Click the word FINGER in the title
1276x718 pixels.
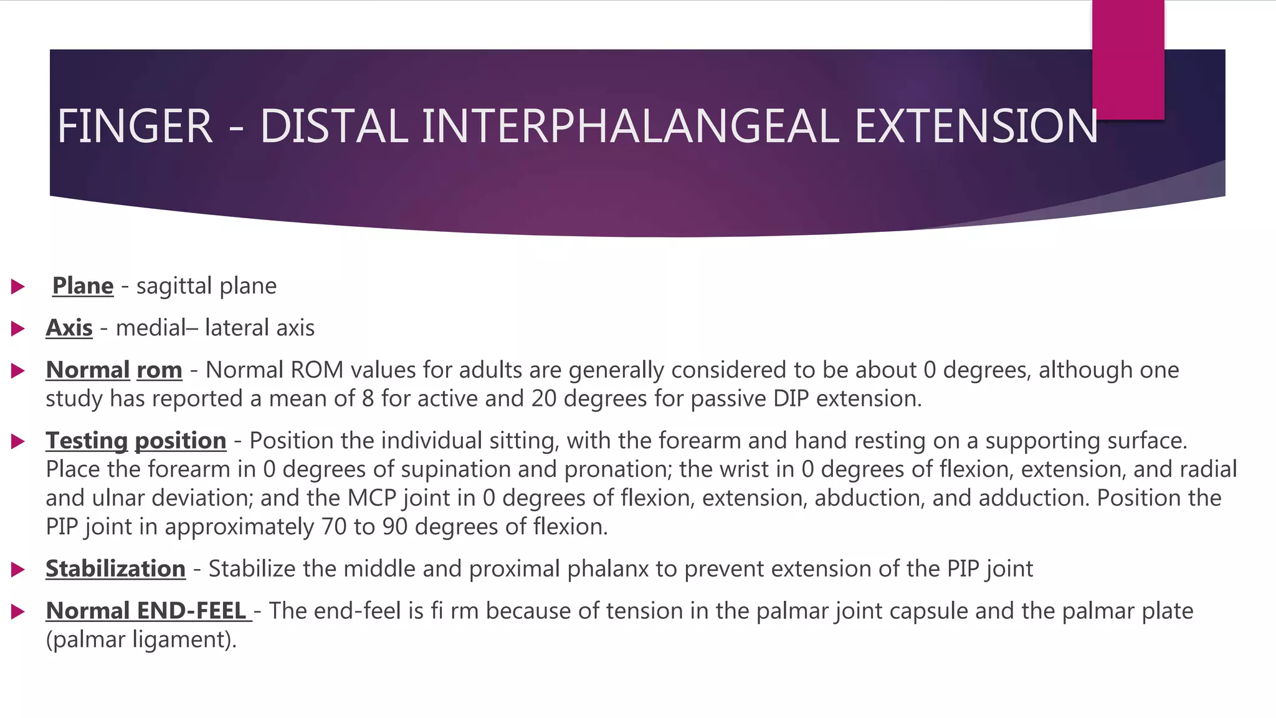point(135,127)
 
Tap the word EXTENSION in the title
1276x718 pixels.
point(976,127)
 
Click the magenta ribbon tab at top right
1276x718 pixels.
point(1128,59)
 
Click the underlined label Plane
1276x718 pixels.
point(83,286)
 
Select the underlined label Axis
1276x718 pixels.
point(69,328)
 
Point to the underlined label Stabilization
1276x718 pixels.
point(115,569)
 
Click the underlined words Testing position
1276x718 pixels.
point(136,441)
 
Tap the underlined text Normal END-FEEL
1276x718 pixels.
point(147,611)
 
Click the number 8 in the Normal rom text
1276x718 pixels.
point(368,399)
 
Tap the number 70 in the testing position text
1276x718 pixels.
point(334,527)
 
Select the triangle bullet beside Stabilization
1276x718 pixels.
point(17,570)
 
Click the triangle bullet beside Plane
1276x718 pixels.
point(17,287)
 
